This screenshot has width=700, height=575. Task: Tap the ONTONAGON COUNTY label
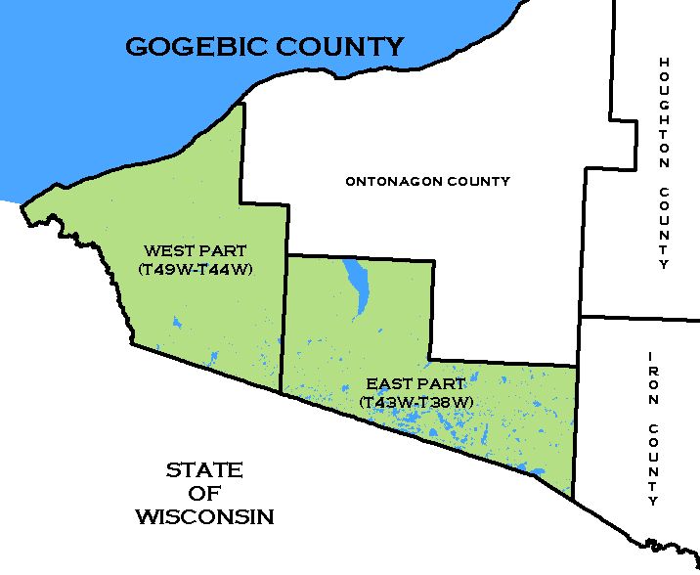(x=427, y=181)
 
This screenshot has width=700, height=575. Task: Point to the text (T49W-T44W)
(x=196, y=268)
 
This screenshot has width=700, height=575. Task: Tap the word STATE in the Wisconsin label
(x=203, y=470)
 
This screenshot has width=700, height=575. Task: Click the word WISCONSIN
(x=204, y=515)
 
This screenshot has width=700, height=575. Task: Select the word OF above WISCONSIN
(x=203, y=493)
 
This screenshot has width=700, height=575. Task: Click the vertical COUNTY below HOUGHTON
(x=664, y=229)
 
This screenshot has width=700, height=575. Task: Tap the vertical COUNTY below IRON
(x=653, y=464)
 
